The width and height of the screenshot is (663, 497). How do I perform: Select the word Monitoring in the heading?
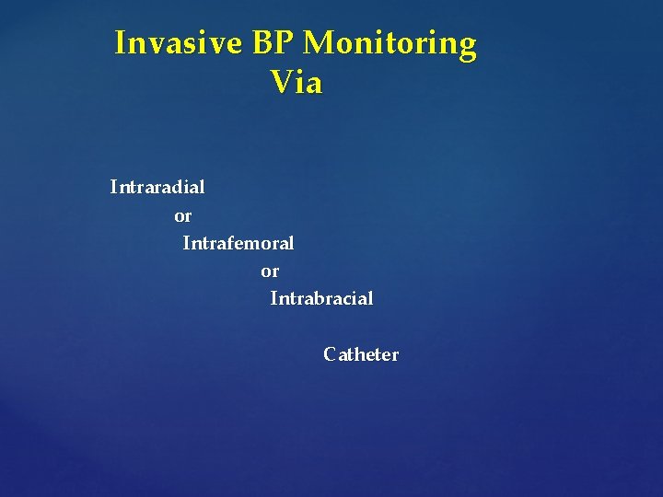pos(390,43)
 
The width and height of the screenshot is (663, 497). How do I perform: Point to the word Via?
pos(297,83)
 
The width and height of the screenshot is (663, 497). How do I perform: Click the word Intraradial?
pos(157,187)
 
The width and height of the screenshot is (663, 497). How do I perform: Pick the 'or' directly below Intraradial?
pos(183,216)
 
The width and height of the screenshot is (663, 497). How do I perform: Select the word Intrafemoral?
pos(238,243)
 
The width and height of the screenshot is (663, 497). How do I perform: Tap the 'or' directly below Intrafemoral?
pos(270,272)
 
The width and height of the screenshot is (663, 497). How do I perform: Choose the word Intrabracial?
pos(321,298)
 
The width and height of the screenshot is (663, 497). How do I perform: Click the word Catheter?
pos(361,354)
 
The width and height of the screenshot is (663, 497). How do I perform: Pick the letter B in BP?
pos(262,43)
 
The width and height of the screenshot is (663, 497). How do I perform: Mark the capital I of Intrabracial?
pos(273,298)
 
